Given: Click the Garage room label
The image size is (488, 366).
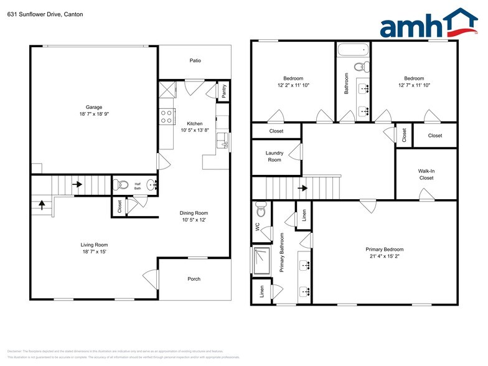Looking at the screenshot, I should pos(94,107).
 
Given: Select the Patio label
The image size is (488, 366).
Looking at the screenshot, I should pos(195,60).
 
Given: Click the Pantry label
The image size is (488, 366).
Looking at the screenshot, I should pos(224,91).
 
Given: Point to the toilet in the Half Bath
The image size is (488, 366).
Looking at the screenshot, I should pos(123,185).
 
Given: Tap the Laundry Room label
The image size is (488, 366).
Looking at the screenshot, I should pos(274,156).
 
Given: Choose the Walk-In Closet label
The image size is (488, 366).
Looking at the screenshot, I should pos(426,174).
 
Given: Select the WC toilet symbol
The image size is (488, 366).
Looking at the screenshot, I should pos(261,211).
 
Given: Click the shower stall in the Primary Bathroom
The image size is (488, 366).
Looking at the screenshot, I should pos(260,260).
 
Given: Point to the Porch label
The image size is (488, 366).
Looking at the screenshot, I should pos(194,279).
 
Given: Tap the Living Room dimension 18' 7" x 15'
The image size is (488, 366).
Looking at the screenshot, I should pos(94,251).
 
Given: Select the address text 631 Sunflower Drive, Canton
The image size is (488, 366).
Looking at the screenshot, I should pos(45,14).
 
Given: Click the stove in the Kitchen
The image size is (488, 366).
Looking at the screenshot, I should pos(166,116).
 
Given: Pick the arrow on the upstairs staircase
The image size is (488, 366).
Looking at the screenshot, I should pos(304,187).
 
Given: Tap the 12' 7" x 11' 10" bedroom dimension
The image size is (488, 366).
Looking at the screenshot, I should pos(414,85).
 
